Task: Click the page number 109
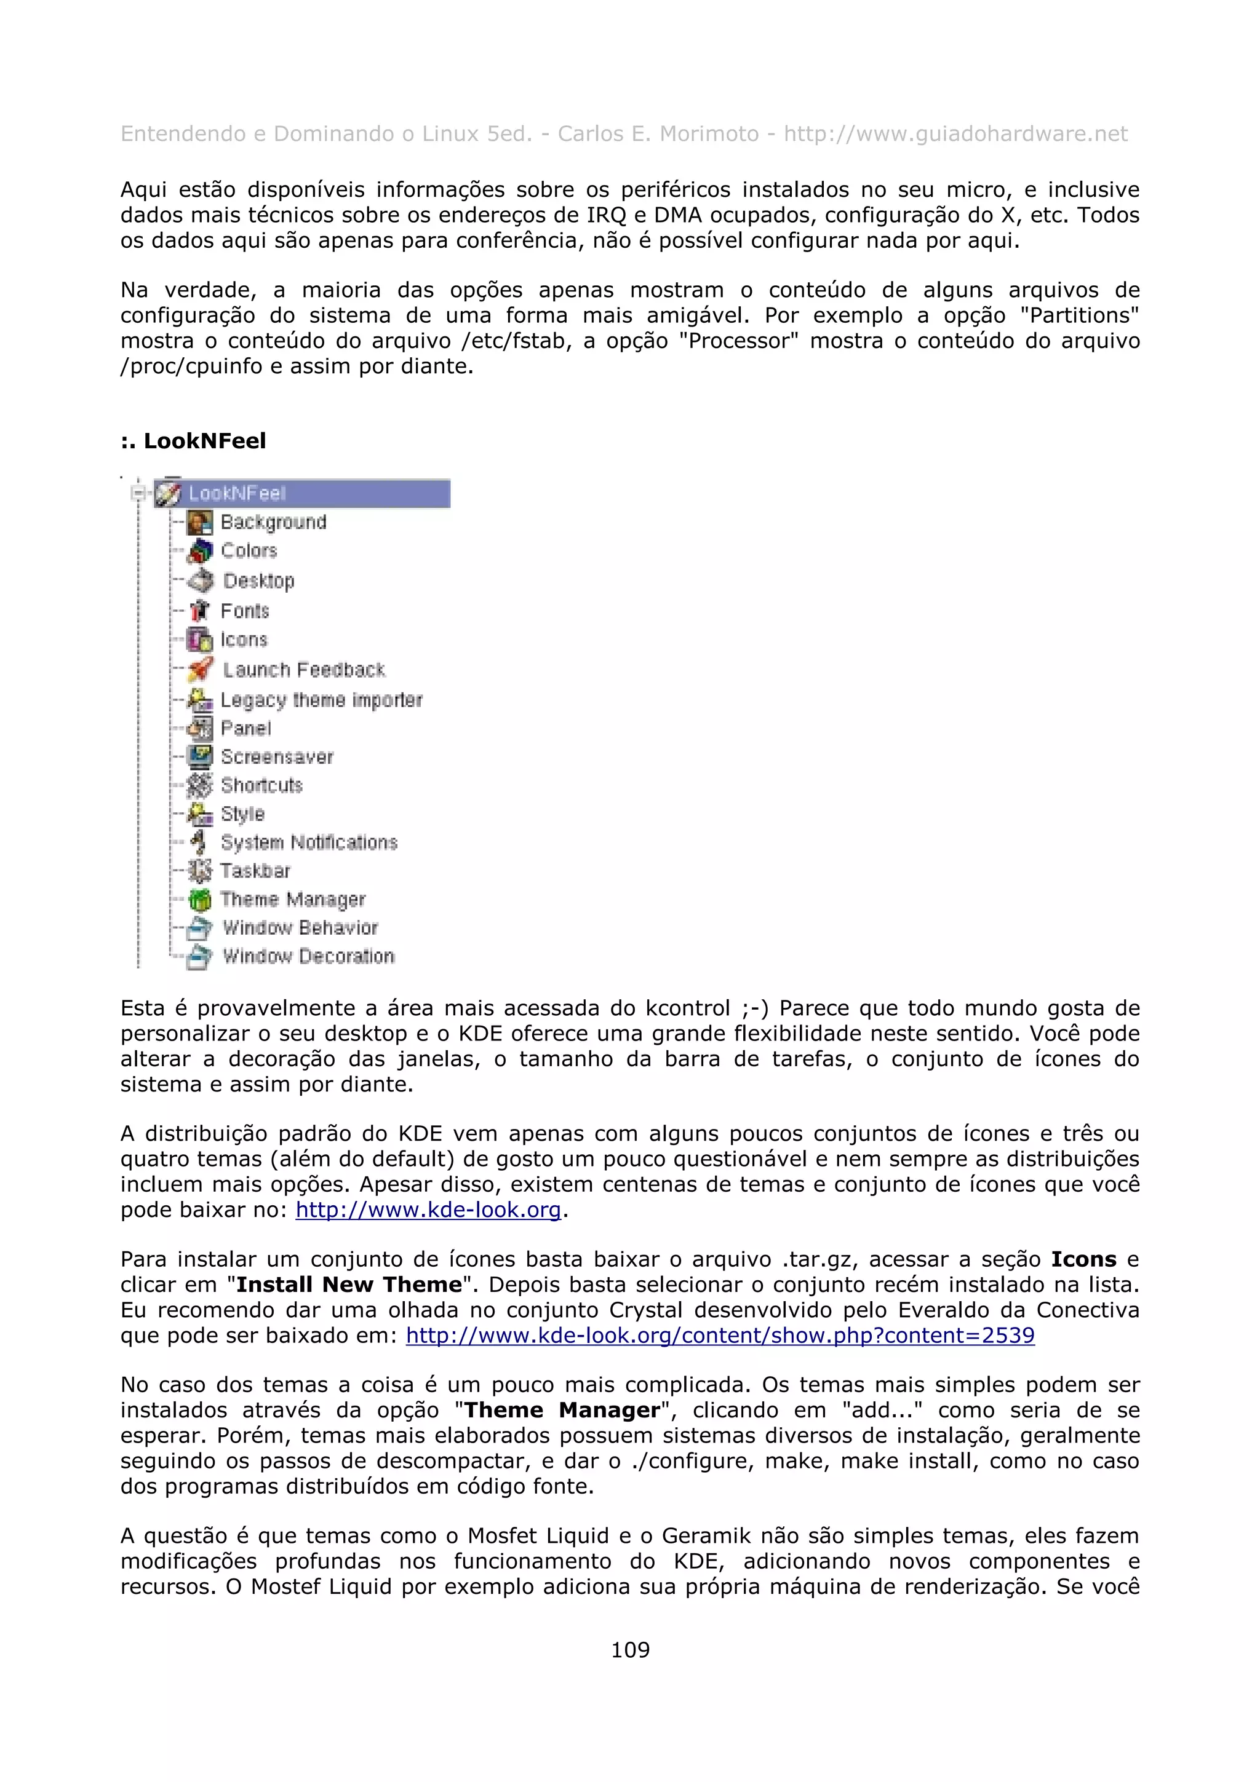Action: coord(629,1649)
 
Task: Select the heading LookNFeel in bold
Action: coord(193,441)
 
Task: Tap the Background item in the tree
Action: coord(273,522)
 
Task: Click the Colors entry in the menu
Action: coord(249,551)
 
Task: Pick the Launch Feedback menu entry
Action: coord(303,670)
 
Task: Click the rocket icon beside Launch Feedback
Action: coord(201,669)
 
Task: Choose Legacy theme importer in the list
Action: coord(321,700)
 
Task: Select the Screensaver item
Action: coord(276,757)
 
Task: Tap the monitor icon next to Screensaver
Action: coord(201,756)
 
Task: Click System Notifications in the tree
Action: coord(308,842)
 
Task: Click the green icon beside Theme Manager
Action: coord(201,900)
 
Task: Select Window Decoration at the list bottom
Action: coord(308,956)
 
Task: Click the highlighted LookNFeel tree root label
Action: coord(237,494)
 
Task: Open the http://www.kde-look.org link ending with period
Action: coord(428,1210)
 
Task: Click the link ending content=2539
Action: coord(720,1336)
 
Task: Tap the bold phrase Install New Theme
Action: coord(349,1285)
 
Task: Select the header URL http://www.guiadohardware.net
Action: coord(955,134)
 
